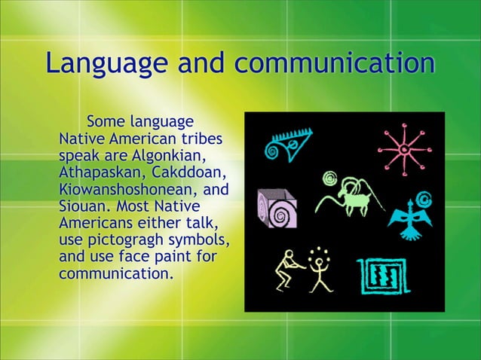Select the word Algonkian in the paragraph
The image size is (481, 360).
point(169,156)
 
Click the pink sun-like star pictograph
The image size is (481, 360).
point(404,149)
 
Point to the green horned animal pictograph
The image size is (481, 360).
point(348,196)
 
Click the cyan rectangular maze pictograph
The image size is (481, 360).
point(384,276)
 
